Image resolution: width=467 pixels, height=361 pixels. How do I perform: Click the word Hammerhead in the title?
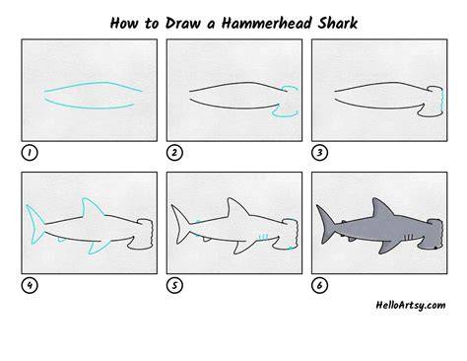(266, 24)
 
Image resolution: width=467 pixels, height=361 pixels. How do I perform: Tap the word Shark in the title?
(337, 24)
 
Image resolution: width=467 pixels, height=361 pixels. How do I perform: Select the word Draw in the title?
(182, 24)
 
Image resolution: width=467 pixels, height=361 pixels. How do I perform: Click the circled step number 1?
(30, 153)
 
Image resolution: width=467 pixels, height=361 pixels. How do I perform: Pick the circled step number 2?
(174, 153)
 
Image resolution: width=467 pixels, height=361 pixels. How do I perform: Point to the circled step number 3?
(319, 153)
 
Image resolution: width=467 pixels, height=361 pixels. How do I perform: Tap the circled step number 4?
(30, 285)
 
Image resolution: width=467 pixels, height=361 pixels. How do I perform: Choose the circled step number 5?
(174, 285)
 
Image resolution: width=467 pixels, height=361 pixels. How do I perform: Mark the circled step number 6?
(319, 285)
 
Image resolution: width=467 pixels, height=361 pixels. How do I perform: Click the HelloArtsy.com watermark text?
(411, 305)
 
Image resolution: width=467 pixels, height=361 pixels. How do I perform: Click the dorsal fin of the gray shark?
(381, 208)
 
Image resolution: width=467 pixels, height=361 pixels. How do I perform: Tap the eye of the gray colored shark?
(435, 248)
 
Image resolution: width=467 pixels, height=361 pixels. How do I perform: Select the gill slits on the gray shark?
(409, 237)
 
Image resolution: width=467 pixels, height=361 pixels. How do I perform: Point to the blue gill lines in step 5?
(264, 237)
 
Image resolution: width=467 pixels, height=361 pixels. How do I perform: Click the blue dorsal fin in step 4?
(92, 206)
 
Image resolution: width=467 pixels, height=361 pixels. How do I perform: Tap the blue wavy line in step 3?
(441, 102)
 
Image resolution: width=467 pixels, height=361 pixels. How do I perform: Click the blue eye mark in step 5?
(291, 248)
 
